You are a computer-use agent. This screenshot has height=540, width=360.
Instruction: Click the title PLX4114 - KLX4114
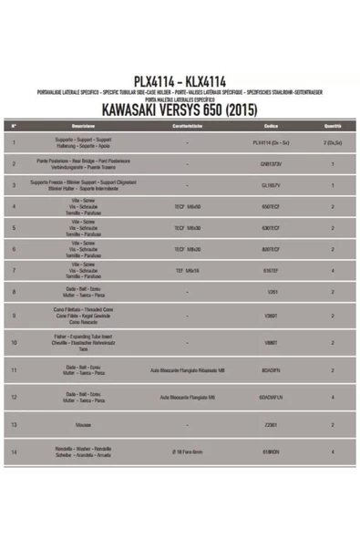180,80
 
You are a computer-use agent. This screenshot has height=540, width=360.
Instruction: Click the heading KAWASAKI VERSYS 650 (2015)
180,111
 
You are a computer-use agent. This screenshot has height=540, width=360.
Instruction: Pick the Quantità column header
333,125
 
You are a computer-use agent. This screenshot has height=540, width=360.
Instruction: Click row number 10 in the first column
15,343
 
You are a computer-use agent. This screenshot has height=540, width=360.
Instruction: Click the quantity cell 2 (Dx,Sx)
333,143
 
